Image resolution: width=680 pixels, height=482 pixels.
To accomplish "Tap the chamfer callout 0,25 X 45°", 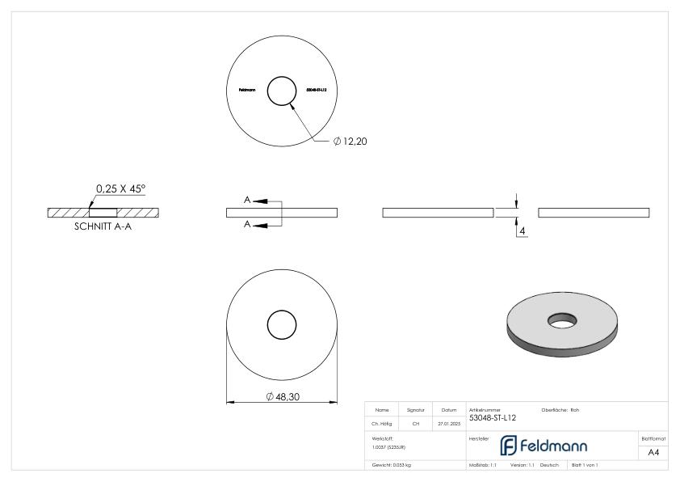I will pyautogui.click(x=120, y=189).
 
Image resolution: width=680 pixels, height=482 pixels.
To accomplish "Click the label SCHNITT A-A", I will pyautogui.click(x=104, y=228).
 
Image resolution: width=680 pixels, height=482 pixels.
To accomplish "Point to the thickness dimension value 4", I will pyautogui.click(x=523, y=231).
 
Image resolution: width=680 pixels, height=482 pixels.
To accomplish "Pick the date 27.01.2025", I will pyautogui.click(x=449, y=422).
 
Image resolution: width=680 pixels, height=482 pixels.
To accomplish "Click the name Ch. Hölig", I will pyautogui.click(x=383, y=422).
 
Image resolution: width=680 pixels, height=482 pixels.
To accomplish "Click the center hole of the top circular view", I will pyautogui.click(x=282, y=91).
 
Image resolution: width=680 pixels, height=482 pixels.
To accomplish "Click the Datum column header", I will pyautogui.click(x=449, y=410).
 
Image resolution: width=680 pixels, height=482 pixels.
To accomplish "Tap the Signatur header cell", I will pyautogui.click(x=416, y=410).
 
